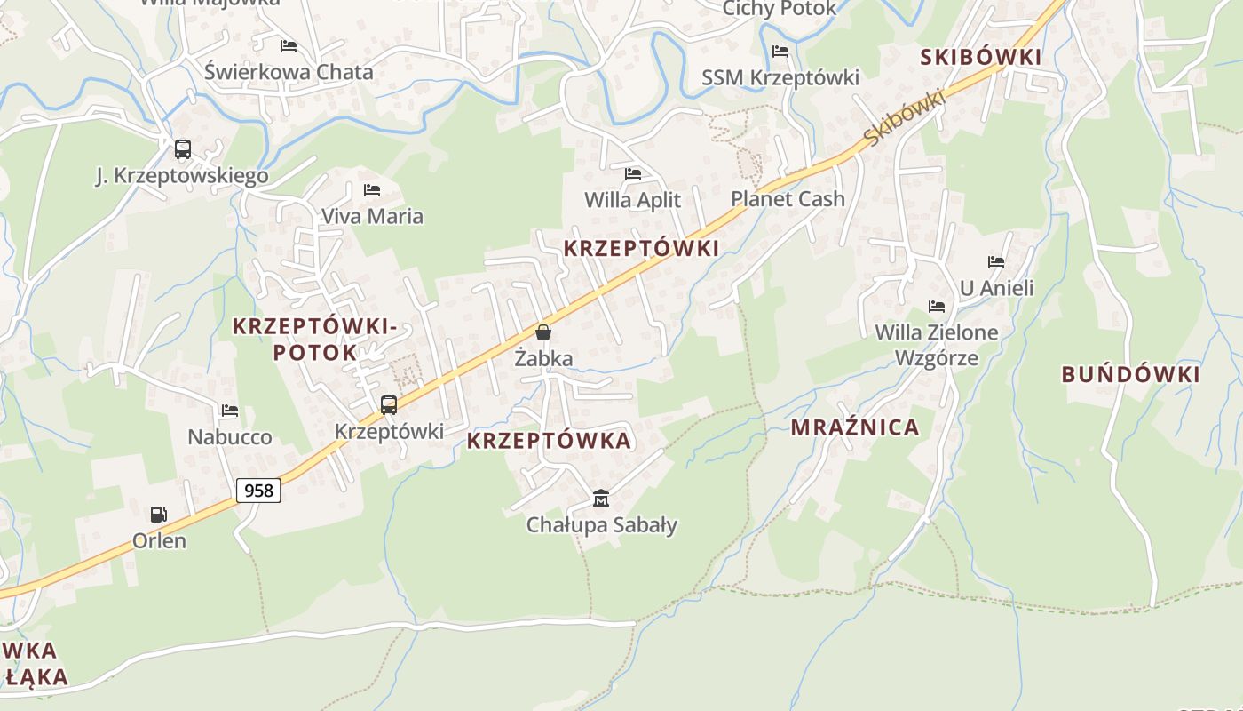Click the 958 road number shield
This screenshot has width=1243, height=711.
(258, 490)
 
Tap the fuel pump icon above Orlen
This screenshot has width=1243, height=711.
(159, 514)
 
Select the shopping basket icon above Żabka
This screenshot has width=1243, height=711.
(542, 332)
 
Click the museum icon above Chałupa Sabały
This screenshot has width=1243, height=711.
(601, 498)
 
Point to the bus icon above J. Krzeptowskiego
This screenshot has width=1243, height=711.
(183, 149)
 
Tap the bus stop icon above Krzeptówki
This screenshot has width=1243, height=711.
(389, 405)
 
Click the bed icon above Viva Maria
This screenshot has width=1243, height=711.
(372, 190)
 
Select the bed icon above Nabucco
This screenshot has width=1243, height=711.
(230, 411)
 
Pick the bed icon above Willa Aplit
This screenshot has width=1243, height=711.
(633, 174)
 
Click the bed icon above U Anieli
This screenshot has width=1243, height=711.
(996, 262)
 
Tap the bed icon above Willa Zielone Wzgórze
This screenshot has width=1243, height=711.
(937, 307)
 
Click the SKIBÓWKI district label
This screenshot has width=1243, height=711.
(980, 58)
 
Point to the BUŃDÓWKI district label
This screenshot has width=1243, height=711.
(1130, 374)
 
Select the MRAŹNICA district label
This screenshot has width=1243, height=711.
(855, 427)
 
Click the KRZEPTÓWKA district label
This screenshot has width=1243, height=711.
(549, 441)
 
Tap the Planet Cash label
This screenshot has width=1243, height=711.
(788, 199)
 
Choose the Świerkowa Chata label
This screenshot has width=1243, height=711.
(289, 72)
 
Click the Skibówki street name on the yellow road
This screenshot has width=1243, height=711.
(903, 118)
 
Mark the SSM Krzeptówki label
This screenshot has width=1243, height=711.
(780, 78)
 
